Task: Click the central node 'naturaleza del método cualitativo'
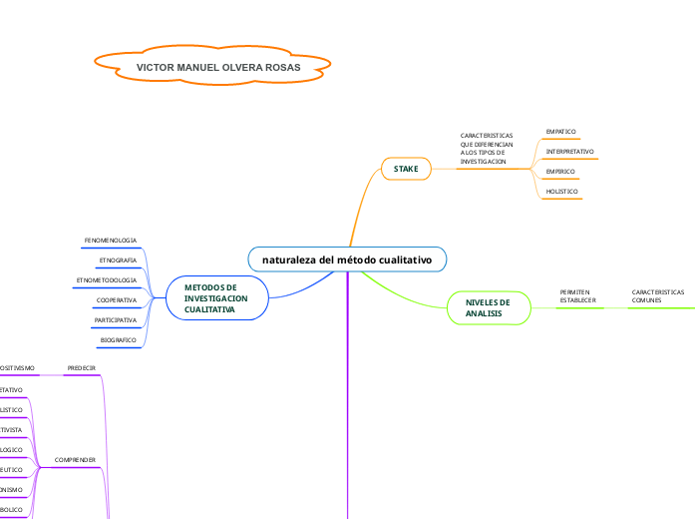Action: [347, 259]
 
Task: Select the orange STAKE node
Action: [406, 169]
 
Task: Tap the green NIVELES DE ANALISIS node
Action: [488, 307]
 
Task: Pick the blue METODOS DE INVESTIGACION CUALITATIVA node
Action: [215, 297]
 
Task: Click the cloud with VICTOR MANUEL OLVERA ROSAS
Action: [211, 67]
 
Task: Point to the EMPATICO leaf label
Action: [561, 131]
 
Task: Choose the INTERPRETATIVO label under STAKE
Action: [569, 151]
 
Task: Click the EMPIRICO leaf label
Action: [559, 171]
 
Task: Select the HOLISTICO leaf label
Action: [561, 191]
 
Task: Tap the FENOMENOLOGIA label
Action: [110, 241]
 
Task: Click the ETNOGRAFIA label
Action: [118, 259]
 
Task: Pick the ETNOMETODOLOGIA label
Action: [106, 279]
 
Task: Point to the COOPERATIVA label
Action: [116, 299]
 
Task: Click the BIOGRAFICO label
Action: [118, 340]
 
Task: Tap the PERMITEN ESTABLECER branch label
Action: [577, 295]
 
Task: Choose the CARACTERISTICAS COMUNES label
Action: [657, 295]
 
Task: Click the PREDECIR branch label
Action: [81, 368]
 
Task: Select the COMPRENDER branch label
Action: [75, 460]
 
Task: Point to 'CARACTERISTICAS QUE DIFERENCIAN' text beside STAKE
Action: [486, 148]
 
